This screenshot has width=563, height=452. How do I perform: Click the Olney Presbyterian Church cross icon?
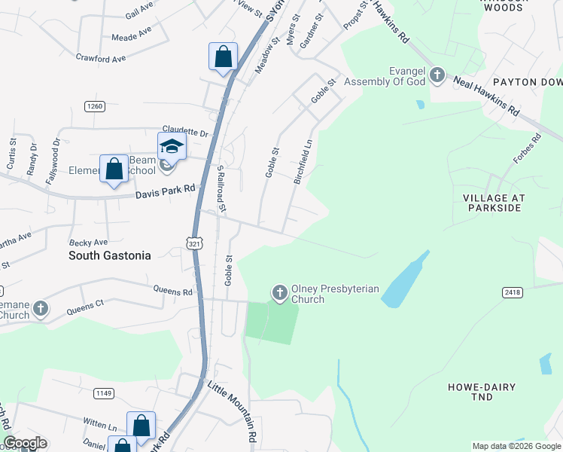pos(279,292)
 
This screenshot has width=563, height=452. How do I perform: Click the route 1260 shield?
pos(94,106)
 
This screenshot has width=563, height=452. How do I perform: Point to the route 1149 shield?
pos(103,392)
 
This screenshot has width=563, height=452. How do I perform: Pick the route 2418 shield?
pos(512,291)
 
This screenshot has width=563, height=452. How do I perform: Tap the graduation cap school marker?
pos(172,146)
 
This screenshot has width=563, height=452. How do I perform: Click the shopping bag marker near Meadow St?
pos(223,56)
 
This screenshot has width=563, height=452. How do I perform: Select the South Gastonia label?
pos(109,255)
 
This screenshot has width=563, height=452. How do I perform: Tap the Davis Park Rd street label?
pos(165,193)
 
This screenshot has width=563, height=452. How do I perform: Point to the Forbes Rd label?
pos(526,148)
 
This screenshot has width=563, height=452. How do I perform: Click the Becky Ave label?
pos(89,242)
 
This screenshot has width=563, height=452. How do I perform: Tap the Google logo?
pos(25,443)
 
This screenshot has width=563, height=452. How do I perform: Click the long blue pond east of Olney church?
pos(406,279)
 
